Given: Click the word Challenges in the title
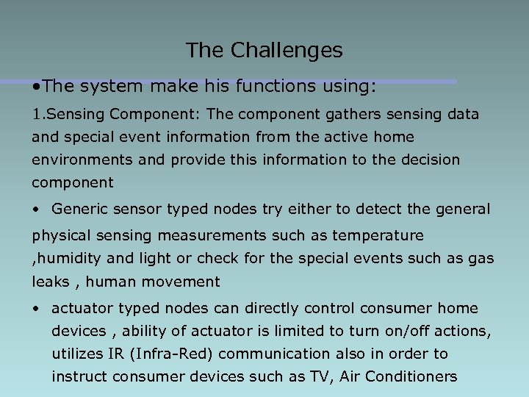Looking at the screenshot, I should (287, 50).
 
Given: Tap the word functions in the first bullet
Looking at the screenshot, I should (251, 87).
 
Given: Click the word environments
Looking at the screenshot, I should (81, 160).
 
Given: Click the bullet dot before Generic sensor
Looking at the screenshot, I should (35, 210).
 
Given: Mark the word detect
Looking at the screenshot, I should (373, 209).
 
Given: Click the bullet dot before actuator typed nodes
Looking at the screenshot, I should (35, 309).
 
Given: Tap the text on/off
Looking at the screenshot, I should (433, 331).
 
